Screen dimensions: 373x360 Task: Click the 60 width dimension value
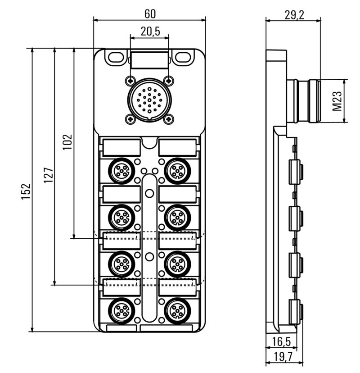pyautogui.click(x=150, y=14)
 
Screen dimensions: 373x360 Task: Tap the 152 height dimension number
pyautogui.click(x=27, y=191)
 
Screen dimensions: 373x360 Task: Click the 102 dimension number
pyautogui.click(x=67, y=142)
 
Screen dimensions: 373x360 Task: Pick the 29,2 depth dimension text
pyautogui.click(x=294, y=14)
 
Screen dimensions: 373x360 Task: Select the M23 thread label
pyautogui.click(x=337, y=101)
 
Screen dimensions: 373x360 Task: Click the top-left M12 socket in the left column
pyautogui.click(x=121, y=170)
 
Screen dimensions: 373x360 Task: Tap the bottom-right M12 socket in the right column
pyautogui.click(x=177, y=311)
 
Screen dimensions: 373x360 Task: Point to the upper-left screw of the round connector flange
pyautogui.click(x=130, y=80)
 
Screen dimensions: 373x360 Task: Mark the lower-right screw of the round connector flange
pyautogui.click(x=168, y=119)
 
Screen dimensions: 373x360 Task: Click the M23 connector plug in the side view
pyautogui.click(x=304, y=101)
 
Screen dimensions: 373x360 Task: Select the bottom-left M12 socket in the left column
pyautogui.click(x=121, y=311)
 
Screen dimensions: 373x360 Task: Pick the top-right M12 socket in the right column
pyautogui.click(x=177, y=170)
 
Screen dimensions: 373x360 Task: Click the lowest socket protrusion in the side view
pyautogui.click(x=297, y=311)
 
